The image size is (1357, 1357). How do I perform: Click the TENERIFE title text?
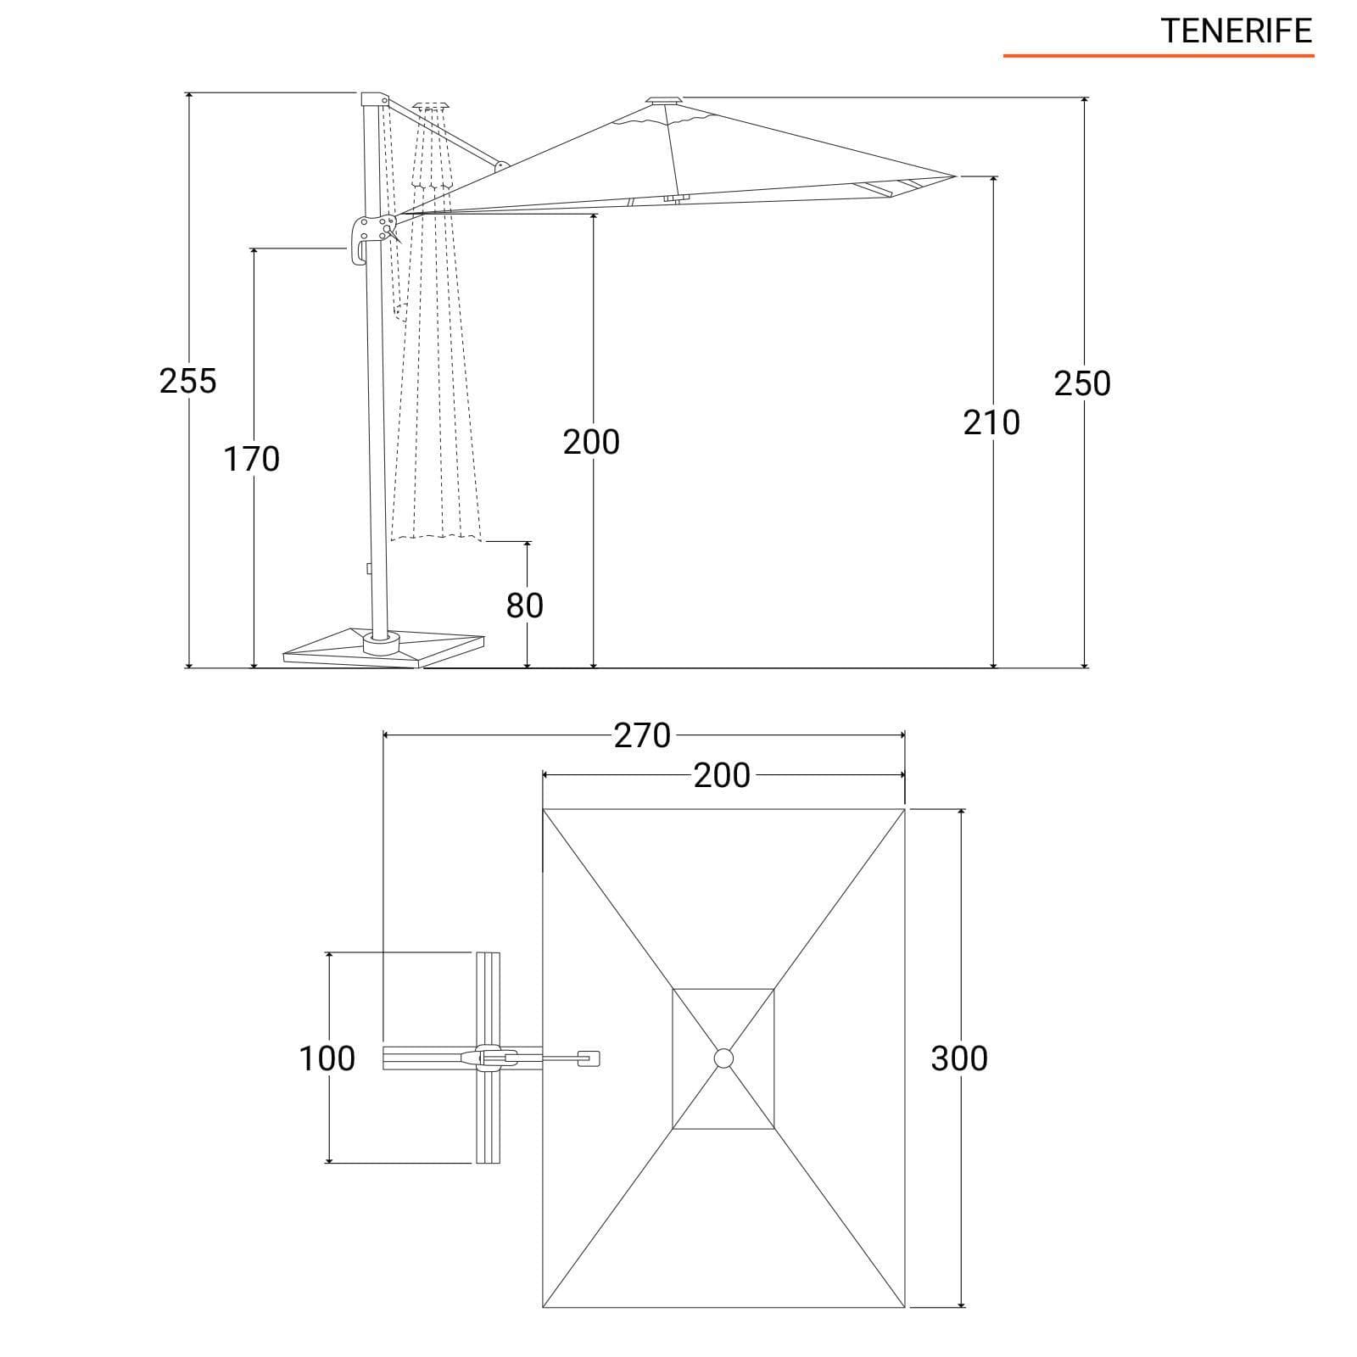click(1237, 31)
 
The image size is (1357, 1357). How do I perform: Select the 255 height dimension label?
click(188, 382)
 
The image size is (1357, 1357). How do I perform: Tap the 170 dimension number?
click(251, 460)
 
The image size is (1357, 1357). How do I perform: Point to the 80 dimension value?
click(525, 606)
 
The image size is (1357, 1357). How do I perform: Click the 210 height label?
click(991, 422)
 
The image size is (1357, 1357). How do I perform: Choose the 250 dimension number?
click(1082, 383)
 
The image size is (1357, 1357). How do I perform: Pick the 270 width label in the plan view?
click(642, 735)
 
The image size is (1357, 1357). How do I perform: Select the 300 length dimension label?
click(959, 1058)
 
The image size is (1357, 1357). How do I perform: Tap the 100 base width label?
click(327, 1058)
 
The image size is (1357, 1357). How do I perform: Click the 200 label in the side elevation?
click(591, 442)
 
